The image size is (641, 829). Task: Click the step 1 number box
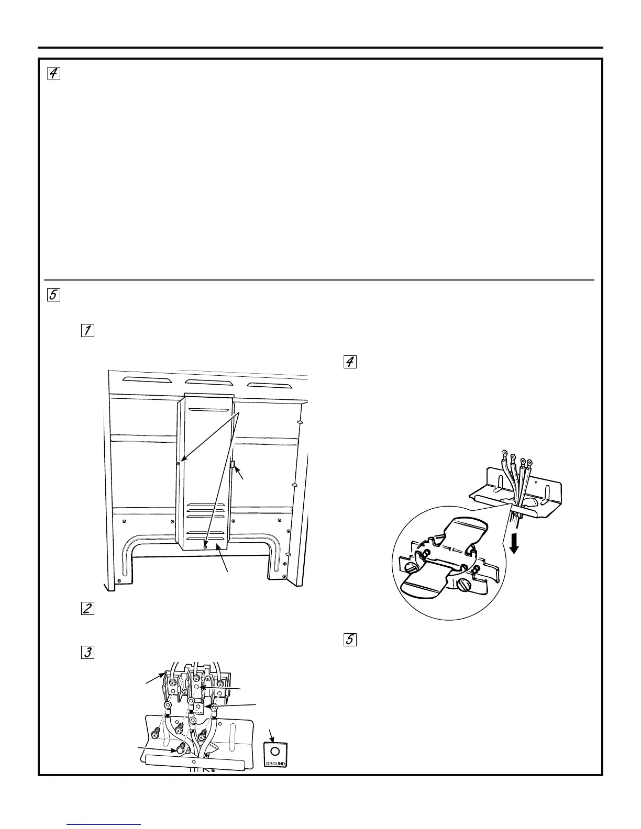tap(87, 330)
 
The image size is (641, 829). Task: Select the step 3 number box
tap(87, 652)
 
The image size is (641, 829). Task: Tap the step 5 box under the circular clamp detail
tap(350, 640)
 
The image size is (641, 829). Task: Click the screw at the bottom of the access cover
tap(205, 545)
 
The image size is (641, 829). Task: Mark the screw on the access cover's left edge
tap(179, 463)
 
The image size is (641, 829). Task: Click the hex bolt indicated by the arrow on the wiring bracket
tap(181, 749)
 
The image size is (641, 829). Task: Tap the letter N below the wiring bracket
tap(213, 771)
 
